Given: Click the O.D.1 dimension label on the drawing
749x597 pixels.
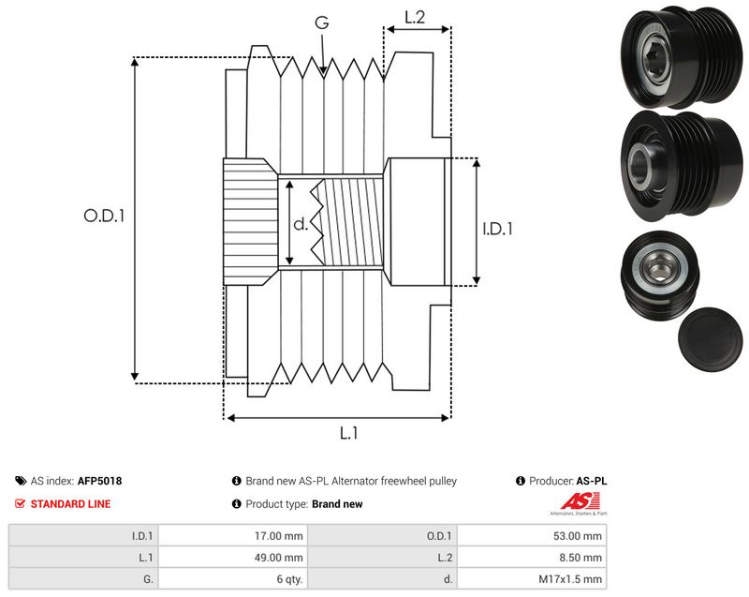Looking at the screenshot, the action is point(104,216).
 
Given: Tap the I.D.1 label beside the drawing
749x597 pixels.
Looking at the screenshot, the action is point(497,229).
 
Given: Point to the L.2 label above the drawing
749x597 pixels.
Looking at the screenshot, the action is point(415,17).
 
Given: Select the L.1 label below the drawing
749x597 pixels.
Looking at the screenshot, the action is point(348,433).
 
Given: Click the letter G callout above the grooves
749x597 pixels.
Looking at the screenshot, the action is point(322,22).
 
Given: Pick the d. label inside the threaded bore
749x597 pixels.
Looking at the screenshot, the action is point(301,224).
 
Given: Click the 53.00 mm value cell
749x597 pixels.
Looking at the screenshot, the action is point(577,536).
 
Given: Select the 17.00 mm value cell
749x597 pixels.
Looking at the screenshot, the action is point(278,536).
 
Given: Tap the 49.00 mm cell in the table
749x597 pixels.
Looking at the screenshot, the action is point(278,558).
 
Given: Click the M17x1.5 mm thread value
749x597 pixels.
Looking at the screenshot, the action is point(570,579).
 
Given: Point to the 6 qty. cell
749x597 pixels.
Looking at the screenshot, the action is point(289,579).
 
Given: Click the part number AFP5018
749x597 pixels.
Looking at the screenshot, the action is point(99,481).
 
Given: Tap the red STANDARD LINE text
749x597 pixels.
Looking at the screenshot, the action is point(71,504).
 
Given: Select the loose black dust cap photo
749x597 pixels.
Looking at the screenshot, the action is point(710,339).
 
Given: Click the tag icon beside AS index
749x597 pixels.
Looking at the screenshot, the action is point(21,481).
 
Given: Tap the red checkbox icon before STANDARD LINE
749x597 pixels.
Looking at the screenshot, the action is point(20,504).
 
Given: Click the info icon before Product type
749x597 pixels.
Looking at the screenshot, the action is point(237,504).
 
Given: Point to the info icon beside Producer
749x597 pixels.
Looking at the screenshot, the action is point(521,481).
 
